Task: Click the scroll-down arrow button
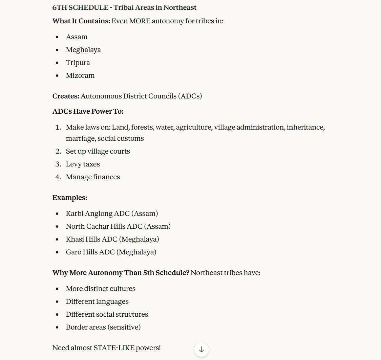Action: (x=202, y=350)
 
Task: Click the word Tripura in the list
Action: (x=78, y=63)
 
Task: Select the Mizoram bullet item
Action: (x=80, y=75)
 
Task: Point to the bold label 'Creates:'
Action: (x=66, y=96)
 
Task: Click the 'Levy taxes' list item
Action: (x=83, y=164)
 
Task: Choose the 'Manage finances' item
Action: (x=93, y=177)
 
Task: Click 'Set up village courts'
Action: (x=98, y=151)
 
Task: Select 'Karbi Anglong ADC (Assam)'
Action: (x=112, y=213)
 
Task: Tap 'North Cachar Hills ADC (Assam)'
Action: (x=118, y=226)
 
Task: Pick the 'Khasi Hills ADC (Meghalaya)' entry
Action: (x=112, y=239)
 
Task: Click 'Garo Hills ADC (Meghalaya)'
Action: (x=111, y=252)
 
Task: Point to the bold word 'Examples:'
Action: (x=70, y=198)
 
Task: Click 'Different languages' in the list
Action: (x=97, y=301)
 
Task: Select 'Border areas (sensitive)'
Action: (x=103, y=327)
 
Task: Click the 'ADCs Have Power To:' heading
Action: (x=88, y=112)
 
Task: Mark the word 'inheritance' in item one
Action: (x=305, y=127)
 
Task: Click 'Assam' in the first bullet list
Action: (x=77, y=37)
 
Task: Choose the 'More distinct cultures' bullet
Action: (x=101, y=289)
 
